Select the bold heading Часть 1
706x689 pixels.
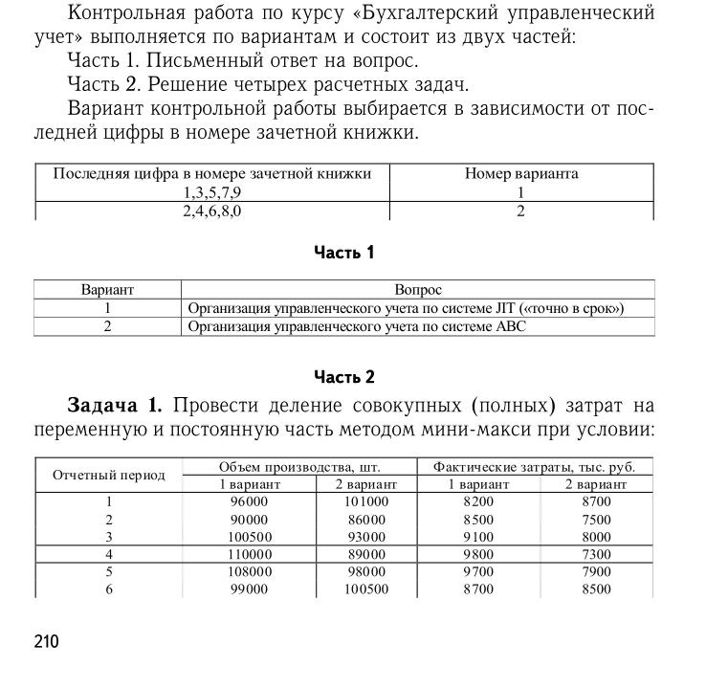tap(343, 253)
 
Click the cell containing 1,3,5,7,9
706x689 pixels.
tap(211, 192)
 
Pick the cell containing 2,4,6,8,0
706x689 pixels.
tap(211, 211)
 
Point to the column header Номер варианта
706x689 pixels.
tap(521, 174)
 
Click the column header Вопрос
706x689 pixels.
tap(418, 289)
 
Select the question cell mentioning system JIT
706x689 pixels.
tap(406, 308)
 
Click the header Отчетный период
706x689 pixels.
tap(108, 476)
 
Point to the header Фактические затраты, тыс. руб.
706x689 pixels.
tap(534, 467)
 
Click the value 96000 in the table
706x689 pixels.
tap(250, 501)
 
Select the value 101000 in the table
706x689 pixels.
tap(366, 501)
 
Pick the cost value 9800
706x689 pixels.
tap(478, 554)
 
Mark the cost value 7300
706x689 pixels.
tap(596, 554)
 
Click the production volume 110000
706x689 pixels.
tap(250, 554)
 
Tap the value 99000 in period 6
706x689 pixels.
tap(250, 589)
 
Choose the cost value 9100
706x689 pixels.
tap(478, 537)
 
